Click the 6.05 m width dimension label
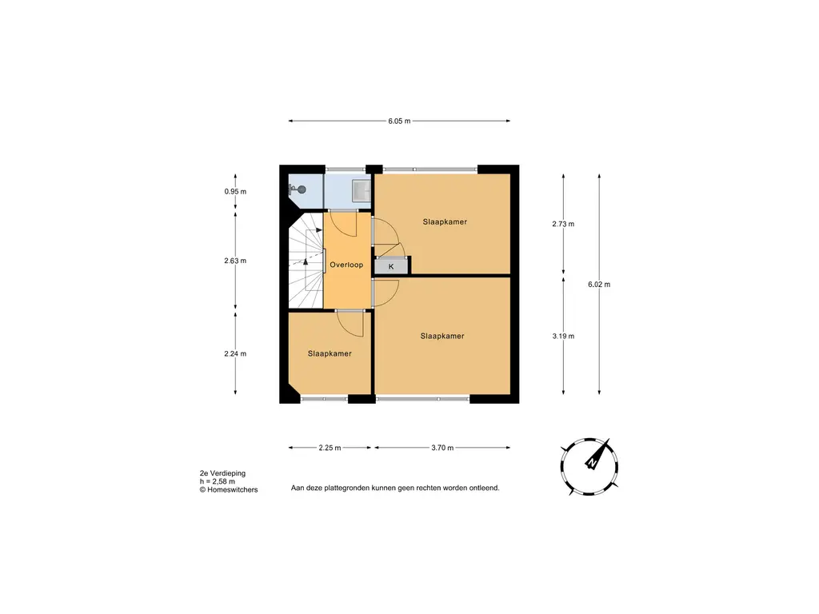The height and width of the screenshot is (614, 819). (399, 122)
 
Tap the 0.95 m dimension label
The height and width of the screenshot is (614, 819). (235, 192)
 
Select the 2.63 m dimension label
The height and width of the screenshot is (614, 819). (235, 261)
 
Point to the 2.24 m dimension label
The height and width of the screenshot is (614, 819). (235, 353)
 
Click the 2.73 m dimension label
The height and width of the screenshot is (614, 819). (563, 224)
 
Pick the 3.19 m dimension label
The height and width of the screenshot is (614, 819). (563, 337)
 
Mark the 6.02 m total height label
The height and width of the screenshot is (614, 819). (599, 285)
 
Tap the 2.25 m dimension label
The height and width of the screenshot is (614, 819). (330, 448)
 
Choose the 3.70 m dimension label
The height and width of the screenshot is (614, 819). (442, 448)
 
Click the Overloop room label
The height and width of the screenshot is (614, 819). (346, 265)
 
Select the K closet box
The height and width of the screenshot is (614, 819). (391, 266)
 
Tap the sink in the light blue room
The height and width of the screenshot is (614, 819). (361, 190)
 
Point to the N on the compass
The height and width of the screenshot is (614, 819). (592, 463)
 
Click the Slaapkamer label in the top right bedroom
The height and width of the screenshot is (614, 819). (445, 222)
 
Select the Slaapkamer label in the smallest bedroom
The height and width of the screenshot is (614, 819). (330, 353)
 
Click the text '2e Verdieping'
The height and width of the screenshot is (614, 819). (222, 473)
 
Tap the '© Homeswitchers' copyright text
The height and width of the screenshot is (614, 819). (229, 490)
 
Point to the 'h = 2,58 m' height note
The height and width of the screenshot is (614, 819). (218, 481)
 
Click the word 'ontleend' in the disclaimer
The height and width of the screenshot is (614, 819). (484, 488)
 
